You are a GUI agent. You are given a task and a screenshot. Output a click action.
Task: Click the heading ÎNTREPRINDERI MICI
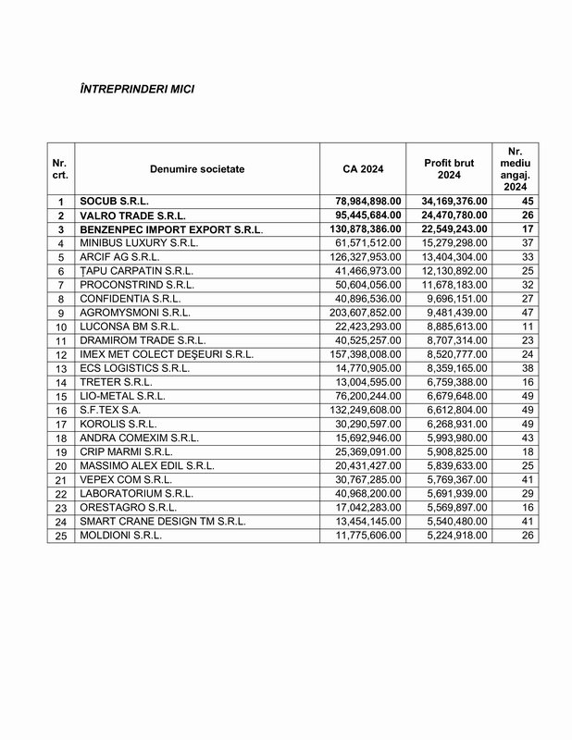[138, 91]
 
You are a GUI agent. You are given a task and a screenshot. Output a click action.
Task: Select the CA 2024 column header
[362, 168]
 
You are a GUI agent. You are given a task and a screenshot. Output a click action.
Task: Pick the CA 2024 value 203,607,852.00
[364, 313]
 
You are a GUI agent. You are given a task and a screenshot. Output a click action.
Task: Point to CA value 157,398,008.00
[364, 354]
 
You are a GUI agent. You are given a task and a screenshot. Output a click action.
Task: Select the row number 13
[61, 368]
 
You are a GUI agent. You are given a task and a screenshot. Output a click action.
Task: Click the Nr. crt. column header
[61, 168]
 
